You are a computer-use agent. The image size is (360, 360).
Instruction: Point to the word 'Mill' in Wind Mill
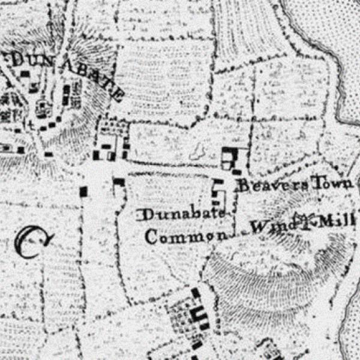(x=337, y=222)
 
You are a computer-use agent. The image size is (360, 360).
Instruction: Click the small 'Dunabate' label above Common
(x=182, y=214)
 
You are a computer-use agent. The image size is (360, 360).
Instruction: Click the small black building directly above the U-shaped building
(x=195, y=293)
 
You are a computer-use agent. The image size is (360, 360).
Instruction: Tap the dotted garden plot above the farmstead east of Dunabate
(x=113, y=127)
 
